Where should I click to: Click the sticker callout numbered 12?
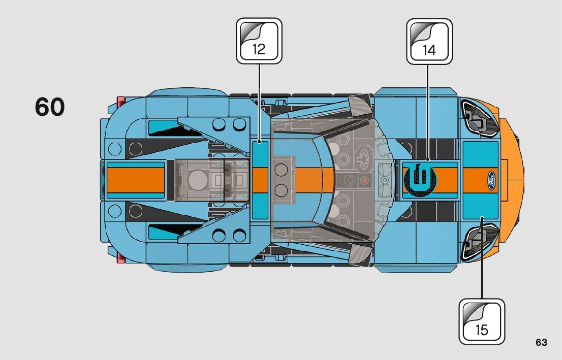(259, 41)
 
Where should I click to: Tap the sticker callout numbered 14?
(429, 41)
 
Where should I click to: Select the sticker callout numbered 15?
(482, 321)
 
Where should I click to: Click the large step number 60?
(50, 107)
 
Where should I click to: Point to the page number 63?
(541, 343)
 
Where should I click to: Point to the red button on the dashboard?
(364, 180)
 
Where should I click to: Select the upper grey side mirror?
(360, 108)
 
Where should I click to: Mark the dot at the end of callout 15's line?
(481, 218)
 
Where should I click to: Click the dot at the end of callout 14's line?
(427, 159)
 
